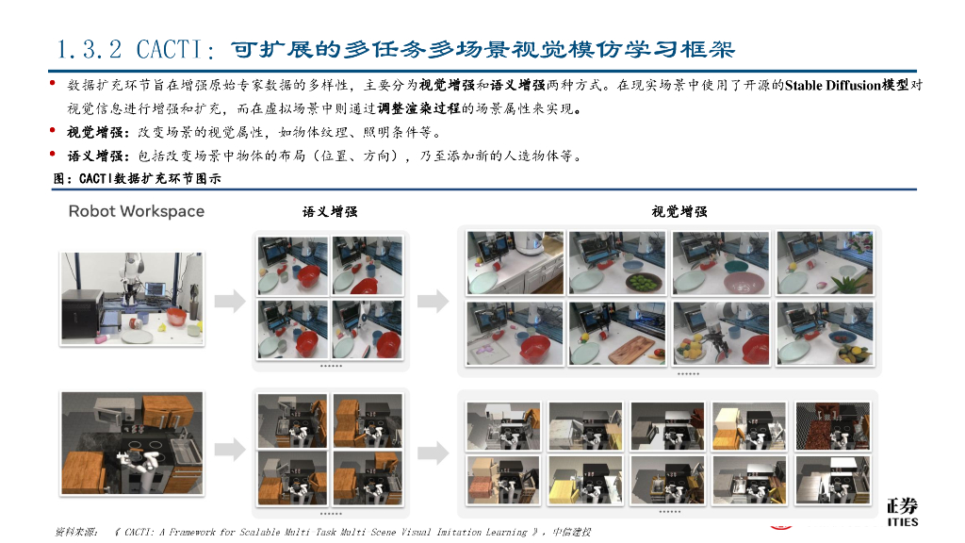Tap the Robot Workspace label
point(136,211)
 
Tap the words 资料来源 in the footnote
point(76,533)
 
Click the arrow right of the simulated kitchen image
point(227,454)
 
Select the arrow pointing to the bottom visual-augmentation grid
point(433,454)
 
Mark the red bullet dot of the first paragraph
point(53,85)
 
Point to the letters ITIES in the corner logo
point(902,521)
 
